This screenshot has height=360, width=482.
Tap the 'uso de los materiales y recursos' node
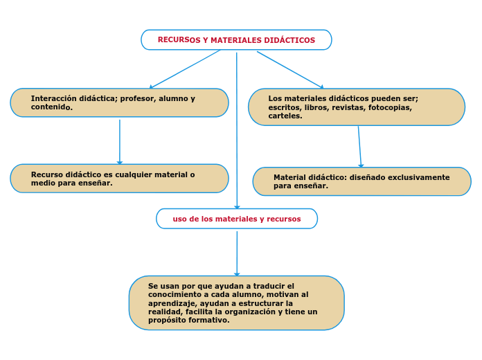tap(237, 219)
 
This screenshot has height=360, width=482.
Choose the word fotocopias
tap(390, 107)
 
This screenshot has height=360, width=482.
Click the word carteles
tap(285, 116)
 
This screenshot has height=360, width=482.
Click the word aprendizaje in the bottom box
tap(172, 303)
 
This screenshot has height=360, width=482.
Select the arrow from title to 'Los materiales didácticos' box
tap(290, 69)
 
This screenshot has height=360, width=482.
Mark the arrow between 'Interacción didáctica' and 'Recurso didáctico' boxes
tap(120, 142)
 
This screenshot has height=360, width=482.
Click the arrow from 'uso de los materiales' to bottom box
tap(237, 253)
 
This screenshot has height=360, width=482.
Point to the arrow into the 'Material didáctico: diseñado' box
tap(359, 147)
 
